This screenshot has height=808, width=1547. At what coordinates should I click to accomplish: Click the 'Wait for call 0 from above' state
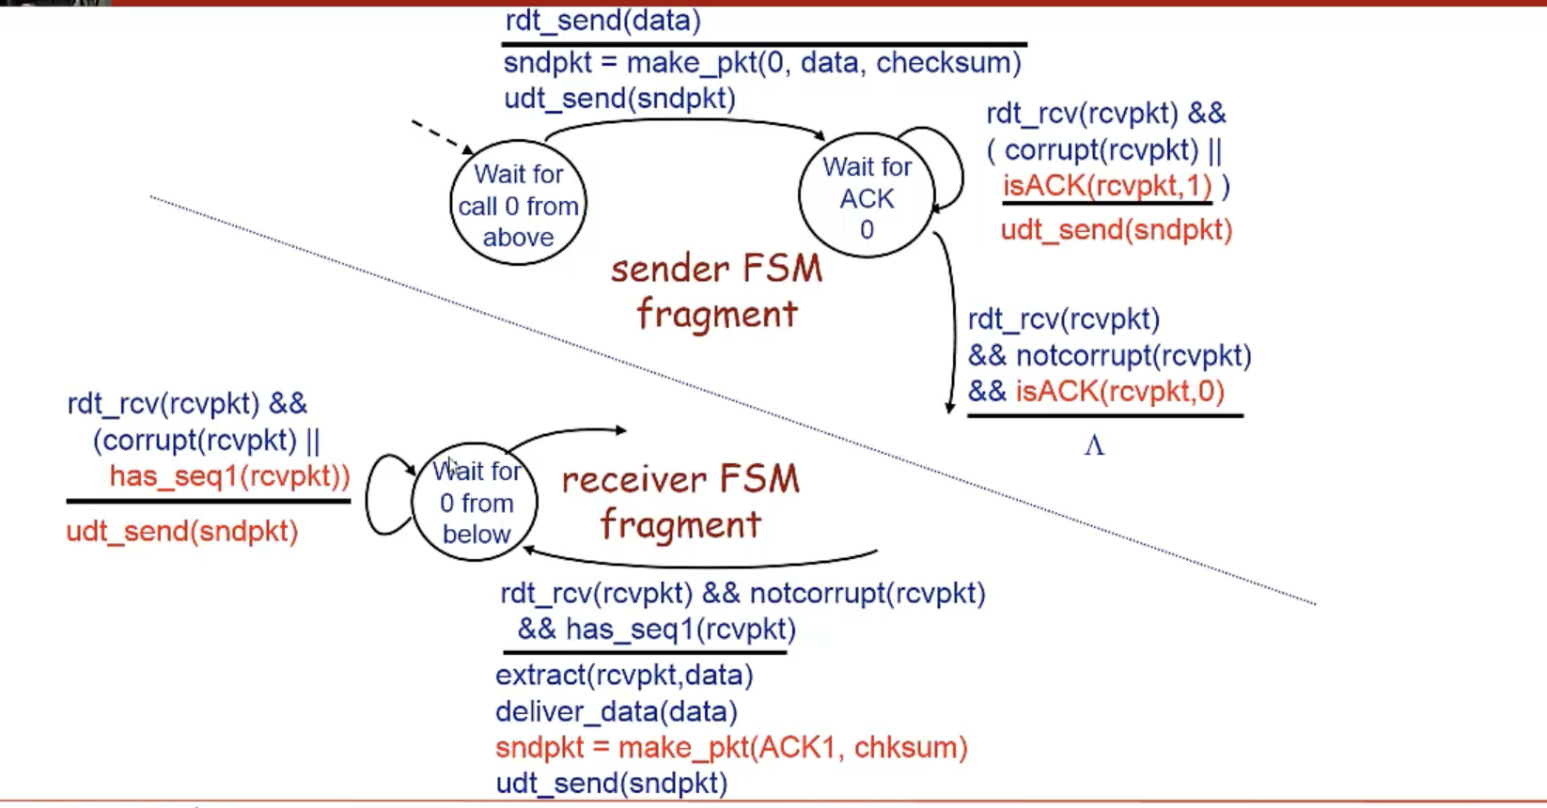click(x=518, y=205)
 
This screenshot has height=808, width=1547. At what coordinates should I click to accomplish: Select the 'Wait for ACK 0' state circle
click(x=867, y=197)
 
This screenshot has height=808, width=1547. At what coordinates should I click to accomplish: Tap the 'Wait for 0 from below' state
click(x=476, y=503)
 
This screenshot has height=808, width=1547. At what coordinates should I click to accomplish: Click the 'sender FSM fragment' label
click(x=716, y=291)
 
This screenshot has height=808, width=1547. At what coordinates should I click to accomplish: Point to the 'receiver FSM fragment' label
click(x=680, y=502)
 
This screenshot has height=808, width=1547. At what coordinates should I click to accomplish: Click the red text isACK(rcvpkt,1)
click(x=1107, y=186)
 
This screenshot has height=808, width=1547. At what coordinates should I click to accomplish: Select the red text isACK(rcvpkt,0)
click(x=1119, y=391)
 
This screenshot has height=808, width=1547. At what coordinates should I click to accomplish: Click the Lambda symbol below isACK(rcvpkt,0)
click(x=1094, y=445)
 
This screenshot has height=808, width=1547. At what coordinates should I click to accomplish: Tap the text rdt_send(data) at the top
click(x=602, y=21)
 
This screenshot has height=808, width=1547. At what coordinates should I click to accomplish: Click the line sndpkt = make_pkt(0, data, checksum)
click(x=762, y=63)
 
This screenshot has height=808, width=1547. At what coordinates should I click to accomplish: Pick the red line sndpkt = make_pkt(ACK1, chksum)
click(x=731, y=748)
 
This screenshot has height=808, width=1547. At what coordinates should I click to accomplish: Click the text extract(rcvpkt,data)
click(x=624, y=676)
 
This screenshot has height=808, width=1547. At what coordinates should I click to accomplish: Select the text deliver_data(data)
click(x=617, y=712)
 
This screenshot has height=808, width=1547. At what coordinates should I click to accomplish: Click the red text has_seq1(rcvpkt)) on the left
click(x=229, y=476)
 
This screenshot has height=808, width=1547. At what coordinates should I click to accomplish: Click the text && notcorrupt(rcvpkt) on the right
click(x=1110, y=356)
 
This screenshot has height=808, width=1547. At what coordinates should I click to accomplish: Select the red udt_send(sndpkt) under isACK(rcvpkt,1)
click(x=1116, y=230)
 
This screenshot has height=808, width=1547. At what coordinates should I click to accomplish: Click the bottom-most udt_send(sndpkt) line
click(x=612, y=784)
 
